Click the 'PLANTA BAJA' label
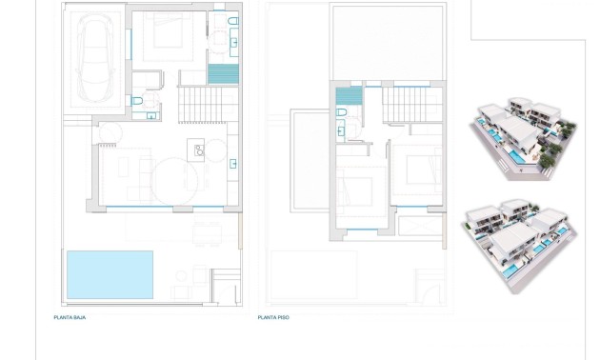(70, 317)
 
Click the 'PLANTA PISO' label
(273, 317)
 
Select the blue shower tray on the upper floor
(349, 94)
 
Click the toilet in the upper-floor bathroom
(341, 113)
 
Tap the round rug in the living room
(174, 180)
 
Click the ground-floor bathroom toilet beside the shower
(232, 20)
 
